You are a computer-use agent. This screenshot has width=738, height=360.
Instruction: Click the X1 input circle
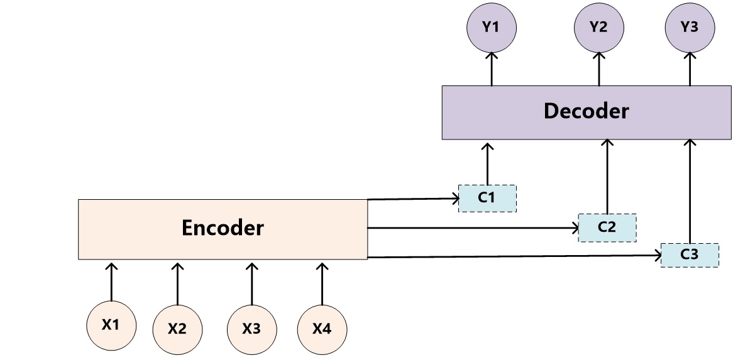111,325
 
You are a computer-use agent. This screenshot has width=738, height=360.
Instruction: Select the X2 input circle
178,329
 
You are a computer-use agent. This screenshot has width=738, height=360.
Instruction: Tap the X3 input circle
251,329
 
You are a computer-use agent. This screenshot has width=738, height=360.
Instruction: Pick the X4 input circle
322,329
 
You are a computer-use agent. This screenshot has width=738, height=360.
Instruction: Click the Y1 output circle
492,27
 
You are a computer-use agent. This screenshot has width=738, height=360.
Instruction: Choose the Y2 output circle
599,27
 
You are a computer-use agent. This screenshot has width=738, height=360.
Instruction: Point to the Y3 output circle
690,27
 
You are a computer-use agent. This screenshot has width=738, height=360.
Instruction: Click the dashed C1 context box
487,198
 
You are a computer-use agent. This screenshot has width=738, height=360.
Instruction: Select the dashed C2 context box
607,227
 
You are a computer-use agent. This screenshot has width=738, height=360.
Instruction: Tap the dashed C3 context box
690,254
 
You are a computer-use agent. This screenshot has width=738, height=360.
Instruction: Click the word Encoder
223,228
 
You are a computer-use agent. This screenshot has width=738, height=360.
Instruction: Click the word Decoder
586,111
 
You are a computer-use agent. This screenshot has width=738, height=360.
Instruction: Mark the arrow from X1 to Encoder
111,282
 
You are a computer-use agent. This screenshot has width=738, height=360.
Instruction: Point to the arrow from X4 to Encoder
322,282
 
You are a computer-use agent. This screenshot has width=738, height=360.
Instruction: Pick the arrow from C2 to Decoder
607,177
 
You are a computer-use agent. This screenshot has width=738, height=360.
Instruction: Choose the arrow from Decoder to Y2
599,69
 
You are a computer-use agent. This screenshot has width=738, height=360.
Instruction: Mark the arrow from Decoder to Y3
690,69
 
